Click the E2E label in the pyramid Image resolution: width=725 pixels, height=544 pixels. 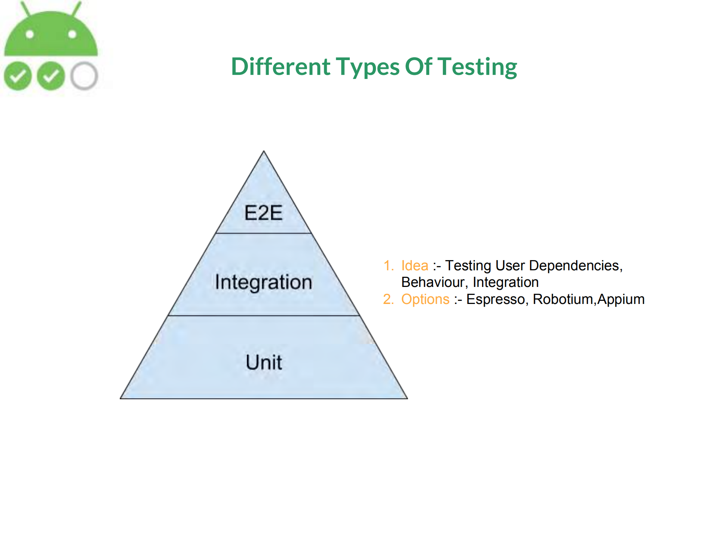pyautogui.click(x=263, y=212)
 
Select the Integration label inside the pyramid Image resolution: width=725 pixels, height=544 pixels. pyautogui.click(x=264, y=282)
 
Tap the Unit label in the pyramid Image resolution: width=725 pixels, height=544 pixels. pyautogui.click(x=264, y=362)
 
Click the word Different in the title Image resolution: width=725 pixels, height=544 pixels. pyautogui.click(x=281, y=67)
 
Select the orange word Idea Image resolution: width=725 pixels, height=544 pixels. pyautogui.click(x=415, y=266)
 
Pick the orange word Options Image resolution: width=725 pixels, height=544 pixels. pyautogui.click(x=425, y=300)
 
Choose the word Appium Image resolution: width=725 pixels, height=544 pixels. pyautogui.click(x=621, y=300)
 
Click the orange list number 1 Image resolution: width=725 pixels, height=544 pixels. pyautogui.click(x=388, y=266)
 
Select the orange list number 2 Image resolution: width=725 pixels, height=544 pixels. pyautogui.click(x=388, y=299)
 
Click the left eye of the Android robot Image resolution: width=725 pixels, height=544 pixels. pyautogui.click(x=30, y=35)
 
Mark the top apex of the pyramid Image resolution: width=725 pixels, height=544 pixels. pyautogui.click(x=264, y=151)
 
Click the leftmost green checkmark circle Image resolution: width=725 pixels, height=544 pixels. pyautogui.click(x=18, y=76)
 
